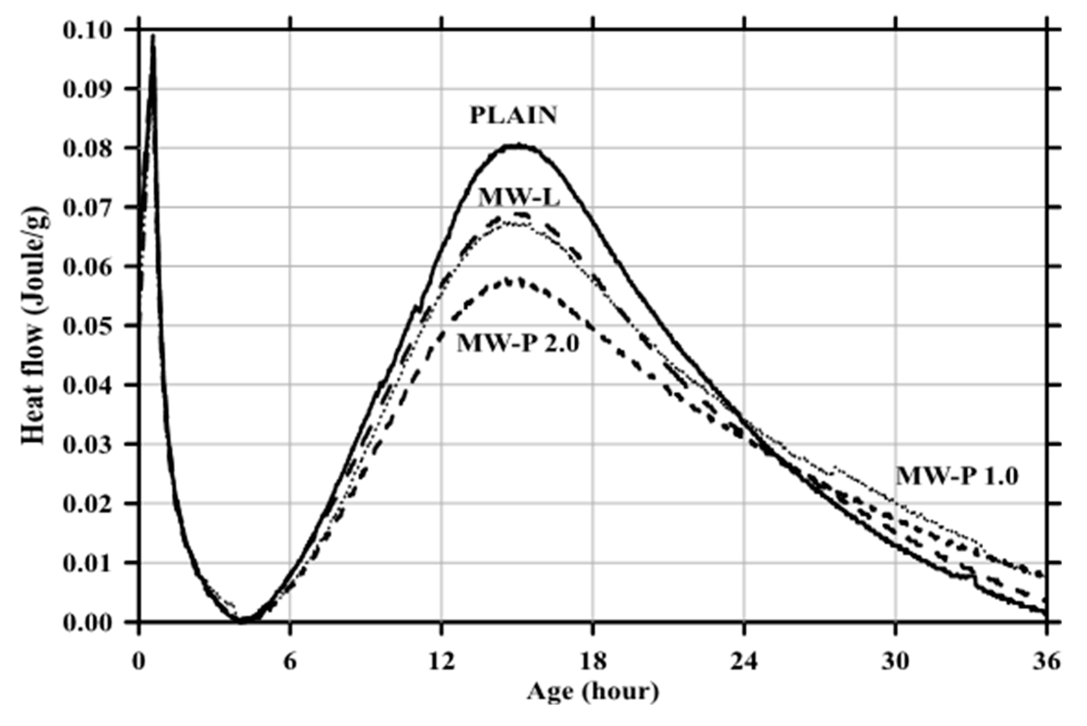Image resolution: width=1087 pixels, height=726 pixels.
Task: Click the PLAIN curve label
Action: tap(513, 116)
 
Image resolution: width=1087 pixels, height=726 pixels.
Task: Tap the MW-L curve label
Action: tap(519, 199)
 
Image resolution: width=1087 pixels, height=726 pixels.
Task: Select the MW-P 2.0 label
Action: tap(518, 344)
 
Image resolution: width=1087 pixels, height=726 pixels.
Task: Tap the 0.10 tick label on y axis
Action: tap(88, 31)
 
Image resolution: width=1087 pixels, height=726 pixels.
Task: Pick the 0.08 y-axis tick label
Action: tap(88, 149)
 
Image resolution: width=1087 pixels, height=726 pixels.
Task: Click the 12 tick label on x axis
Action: tap(442, 662)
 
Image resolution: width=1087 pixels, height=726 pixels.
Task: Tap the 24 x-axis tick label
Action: tap(744, 662)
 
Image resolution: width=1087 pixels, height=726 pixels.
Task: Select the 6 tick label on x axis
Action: tap(290, 662)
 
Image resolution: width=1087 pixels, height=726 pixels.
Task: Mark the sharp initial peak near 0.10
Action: tap(153, 36)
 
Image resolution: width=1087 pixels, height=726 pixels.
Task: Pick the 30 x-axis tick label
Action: tap(895, 662)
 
